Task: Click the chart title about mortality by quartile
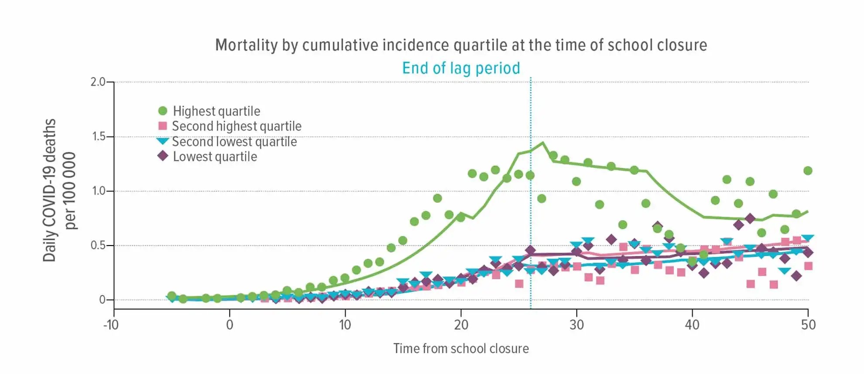(461, 45)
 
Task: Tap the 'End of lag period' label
(461, 68)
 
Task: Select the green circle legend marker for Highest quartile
(163, 111)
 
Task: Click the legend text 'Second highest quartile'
(237, 126)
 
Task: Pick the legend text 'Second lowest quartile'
(234, 142)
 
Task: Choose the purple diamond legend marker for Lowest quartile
(163, 156)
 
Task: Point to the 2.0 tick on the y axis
(98, 82)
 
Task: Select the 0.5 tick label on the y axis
(99, 246)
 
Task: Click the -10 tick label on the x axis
(111, 325)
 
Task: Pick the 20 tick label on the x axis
(461, 325)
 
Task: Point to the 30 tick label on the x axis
(576, 325)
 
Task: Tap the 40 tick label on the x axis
(692, 325)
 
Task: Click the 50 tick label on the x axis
(808, 325)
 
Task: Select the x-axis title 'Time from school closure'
(461, 349)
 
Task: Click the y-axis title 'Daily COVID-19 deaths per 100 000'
(58, 190)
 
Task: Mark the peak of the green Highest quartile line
(542, 142)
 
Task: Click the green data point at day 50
(808, 170)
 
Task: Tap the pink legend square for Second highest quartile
(163, 126)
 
